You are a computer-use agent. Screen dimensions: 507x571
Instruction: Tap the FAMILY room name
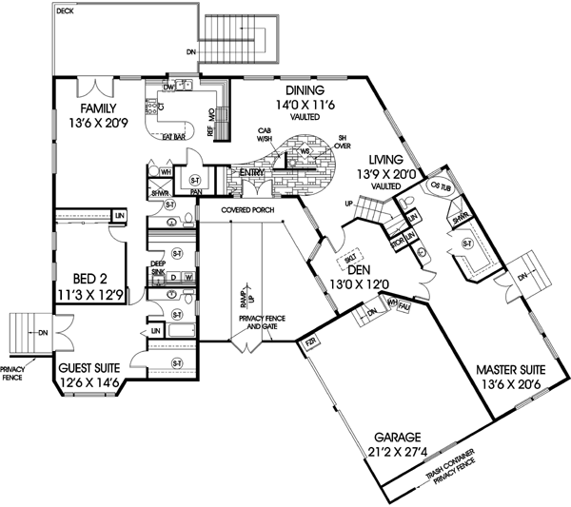(97, 107)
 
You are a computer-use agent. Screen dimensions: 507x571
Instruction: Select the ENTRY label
(251, 172)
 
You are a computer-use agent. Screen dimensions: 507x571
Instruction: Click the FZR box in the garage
(309, 345)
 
